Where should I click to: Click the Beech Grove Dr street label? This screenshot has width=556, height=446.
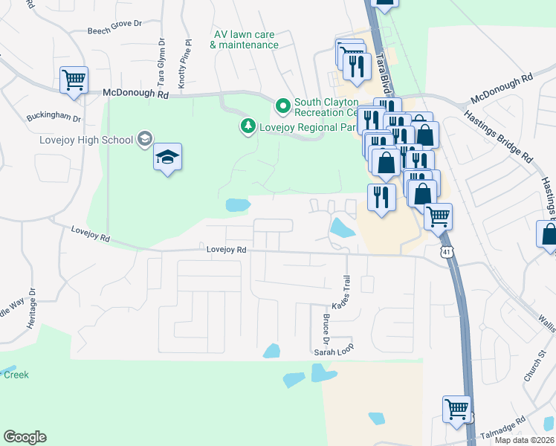(114, 24)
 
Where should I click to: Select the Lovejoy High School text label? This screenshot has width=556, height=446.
(86, 140)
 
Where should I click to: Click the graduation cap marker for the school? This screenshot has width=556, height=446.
(168, 157)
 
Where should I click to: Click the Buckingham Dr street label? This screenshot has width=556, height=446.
(54, 117)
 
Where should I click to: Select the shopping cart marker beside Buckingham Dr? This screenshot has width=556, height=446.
(74, 80)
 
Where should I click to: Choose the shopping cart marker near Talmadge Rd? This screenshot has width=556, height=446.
(456, 408)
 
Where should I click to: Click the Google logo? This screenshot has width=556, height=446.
(25, 437)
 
